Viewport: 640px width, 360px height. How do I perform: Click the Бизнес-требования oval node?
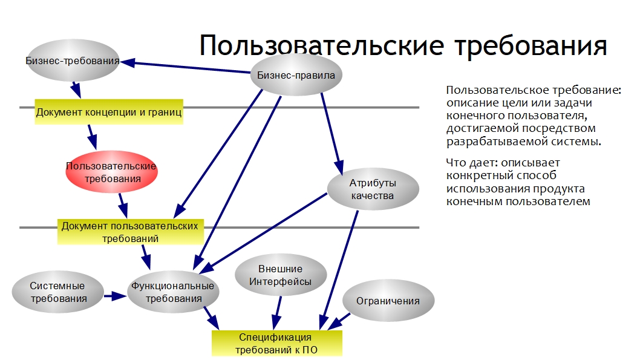(x=73, y=61)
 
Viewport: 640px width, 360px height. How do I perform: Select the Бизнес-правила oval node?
(x=296, y=74)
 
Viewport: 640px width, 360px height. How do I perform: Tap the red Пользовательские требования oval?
(x=111, y=172)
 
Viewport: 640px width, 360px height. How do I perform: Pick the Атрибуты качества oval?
(x=373, y=189)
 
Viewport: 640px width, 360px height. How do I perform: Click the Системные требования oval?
(x=57, y=292)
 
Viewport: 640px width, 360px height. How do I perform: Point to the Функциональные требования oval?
(x=173, y=292)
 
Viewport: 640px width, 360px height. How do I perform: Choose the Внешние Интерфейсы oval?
(x=281, y=275)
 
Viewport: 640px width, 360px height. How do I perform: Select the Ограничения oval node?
(x=388, y=301)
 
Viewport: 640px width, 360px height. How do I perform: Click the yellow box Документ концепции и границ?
(x=108, y=112)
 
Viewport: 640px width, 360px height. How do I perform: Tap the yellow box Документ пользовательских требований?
(x=130, y=232)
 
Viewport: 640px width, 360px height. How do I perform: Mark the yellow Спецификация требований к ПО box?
(x=276, y=343)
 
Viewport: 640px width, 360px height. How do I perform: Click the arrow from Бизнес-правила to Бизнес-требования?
(x=185, y=67)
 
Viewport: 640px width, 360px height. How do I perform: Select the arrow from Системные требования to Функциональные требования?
(x=115, y=296)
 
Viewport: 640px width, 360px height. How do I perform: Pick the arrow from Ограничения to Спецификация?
(x=339, y=321)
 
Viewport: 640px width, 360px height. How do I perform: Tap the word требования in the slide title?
(x=531, y=47)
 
